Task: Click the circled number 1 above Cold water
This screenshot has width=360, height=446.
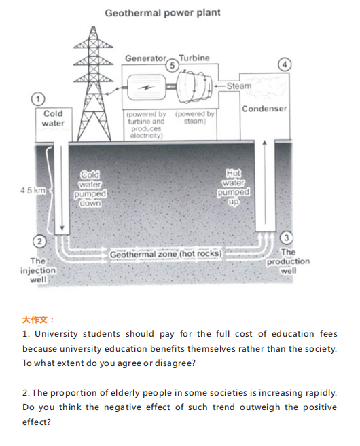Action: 38,99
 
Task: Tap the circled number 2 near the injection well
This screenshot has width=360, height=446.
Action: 39,242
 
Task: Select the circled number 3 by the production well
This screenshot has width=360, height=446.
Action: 286,238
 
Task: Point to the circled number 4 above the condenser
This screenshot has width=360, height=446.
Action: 285,64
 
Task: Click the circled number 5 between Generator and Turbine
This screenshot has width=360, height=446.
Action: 172,66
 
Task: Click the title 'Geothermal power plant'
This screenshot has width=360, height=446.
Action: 163,13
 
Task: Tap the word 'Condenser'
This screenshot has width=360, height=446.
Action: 264,109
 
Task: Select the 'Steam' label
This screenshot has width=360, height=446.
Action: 239,86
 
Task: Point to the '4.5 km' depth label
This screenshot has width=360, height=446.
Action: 33,190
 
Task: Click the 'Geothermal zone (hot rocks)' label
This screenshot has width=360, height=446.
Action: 166,254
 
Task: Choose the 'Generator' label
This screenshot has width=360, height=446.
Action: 145,58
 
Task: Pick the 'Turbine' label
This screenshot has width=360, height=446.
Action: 194,58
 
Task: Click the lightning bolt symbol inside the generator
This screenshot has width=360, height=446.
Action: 147,88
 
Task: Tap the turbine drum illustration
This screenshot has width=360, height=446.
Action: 194,86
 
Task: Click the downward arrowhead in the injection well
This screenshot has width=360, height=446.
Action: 61,229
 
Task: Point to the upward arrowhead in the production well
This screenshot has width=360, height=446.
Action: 265,142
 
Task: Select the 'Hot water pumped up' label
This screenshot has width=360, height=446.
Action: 234,187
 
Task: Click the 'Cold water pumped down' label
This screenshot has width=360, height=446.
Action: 90,189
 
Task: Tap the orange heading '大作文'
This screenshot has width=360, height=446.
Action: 35,320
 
